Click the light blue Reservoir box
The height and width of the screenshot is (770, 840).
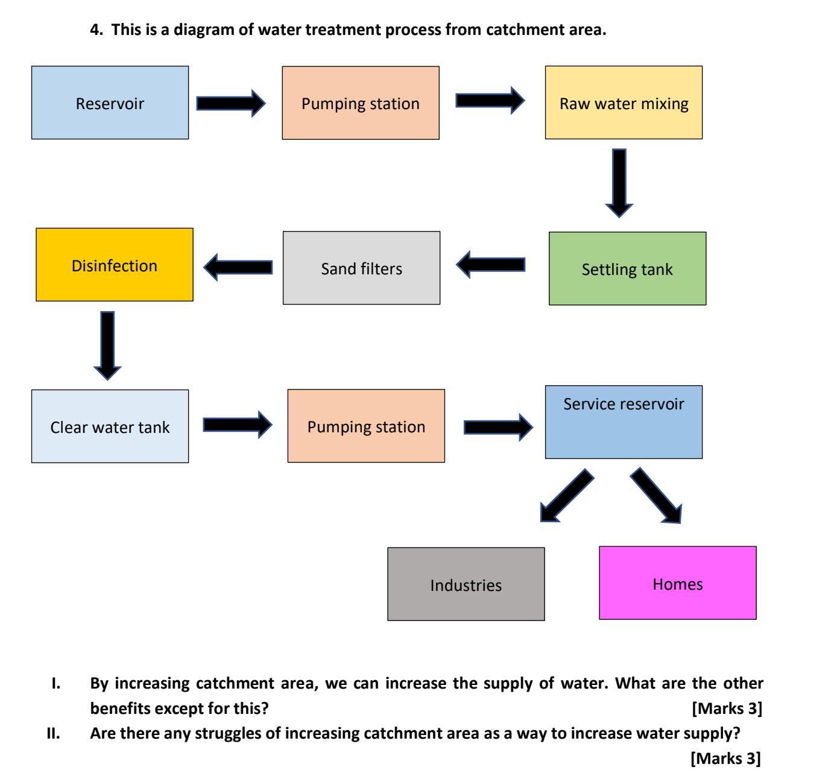pos(110,103)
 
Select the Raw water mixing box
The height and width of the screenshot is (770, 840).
pos(624,103)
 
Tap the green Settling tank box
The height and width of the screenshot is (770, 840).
pos(627,268)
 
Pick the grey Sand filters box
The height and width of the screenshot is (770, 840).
pos(361,268)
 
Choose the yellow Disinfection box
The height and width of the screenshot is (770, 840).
pos(115,265)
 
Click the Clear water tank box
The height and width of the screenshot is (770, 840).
pos(110,426)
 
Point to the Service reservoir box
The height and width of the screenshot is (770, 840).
pos(624,422)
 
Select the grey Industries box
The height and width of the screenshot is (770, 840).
pos(466,584)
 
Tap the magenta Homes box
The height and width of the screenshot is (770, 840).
pos(677,582)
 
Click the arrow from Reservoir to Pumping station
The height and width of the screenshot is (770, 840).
pos(230,103)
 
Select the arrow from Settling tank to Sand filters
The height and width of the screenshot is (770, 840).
pos(491,265)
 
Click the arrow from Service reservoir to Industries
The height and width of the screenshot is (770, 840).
pos(566,495)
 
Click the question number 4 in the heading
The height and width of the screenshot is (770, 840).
pos(95,30)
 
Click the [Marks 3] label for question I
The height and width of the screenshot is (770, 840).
pos(727,708)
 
